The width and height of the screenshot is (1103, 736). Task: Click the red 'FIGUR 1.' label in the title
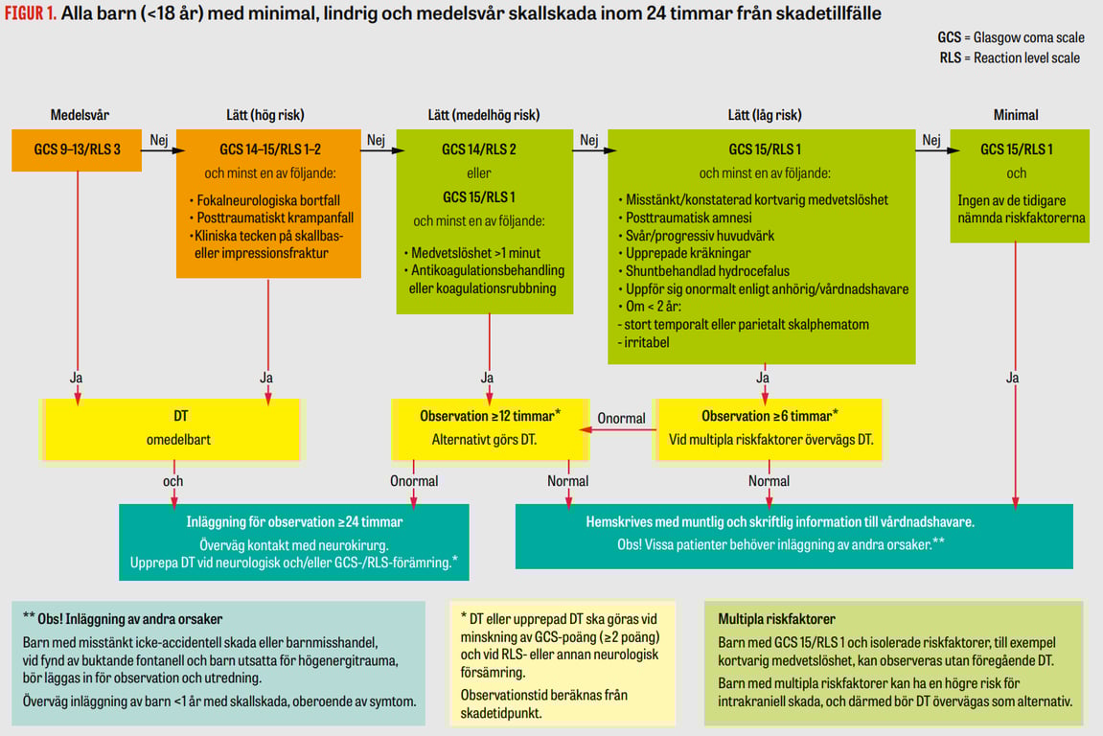coord(29,14)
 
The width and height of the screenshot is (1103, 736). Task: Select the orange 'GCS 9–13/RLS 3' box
coord(77,149)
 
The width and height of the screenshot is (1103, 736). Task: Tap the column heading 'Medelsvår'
coord(78,115)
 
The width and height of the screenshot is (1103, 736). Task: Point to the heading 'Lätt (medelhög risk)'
coord(484,115)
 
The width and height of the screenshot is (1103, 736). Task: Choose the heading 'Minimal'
coord(1016,115)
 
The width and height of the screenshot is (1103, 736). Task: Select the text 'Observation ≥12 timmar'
coord(487,417)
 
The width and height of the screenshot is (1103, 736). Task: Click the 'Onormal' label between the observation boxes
coord(621,419)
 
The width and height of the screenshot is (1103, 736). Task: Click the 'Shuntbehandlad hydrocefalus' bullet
coord(707,271)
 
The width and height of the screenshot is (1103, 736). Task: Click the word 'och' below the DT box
coord(172,481)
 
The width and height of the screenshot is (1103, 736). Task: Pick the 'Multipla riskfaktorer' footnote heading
coord(775,620)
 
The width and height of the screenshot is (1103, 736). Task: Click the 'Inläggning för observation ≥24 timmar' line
coord(294,522)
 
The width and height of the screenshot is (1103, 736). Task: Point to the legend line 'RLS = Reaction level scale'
coord(1010,57)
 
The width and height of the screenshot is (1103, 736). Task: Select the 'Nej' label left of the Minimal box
coord(931,140)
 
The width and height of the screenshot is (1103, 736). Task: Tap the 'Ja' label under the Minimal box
coord(1013,379)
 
